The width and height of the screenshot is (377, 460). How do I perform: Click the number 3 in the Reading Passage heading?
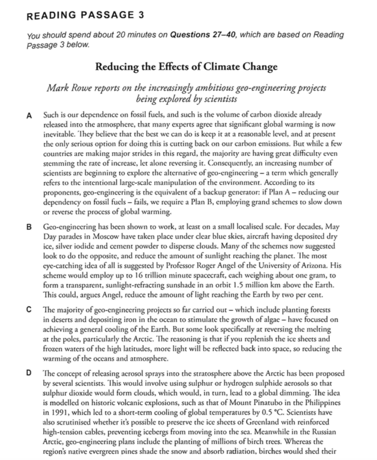139,16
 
